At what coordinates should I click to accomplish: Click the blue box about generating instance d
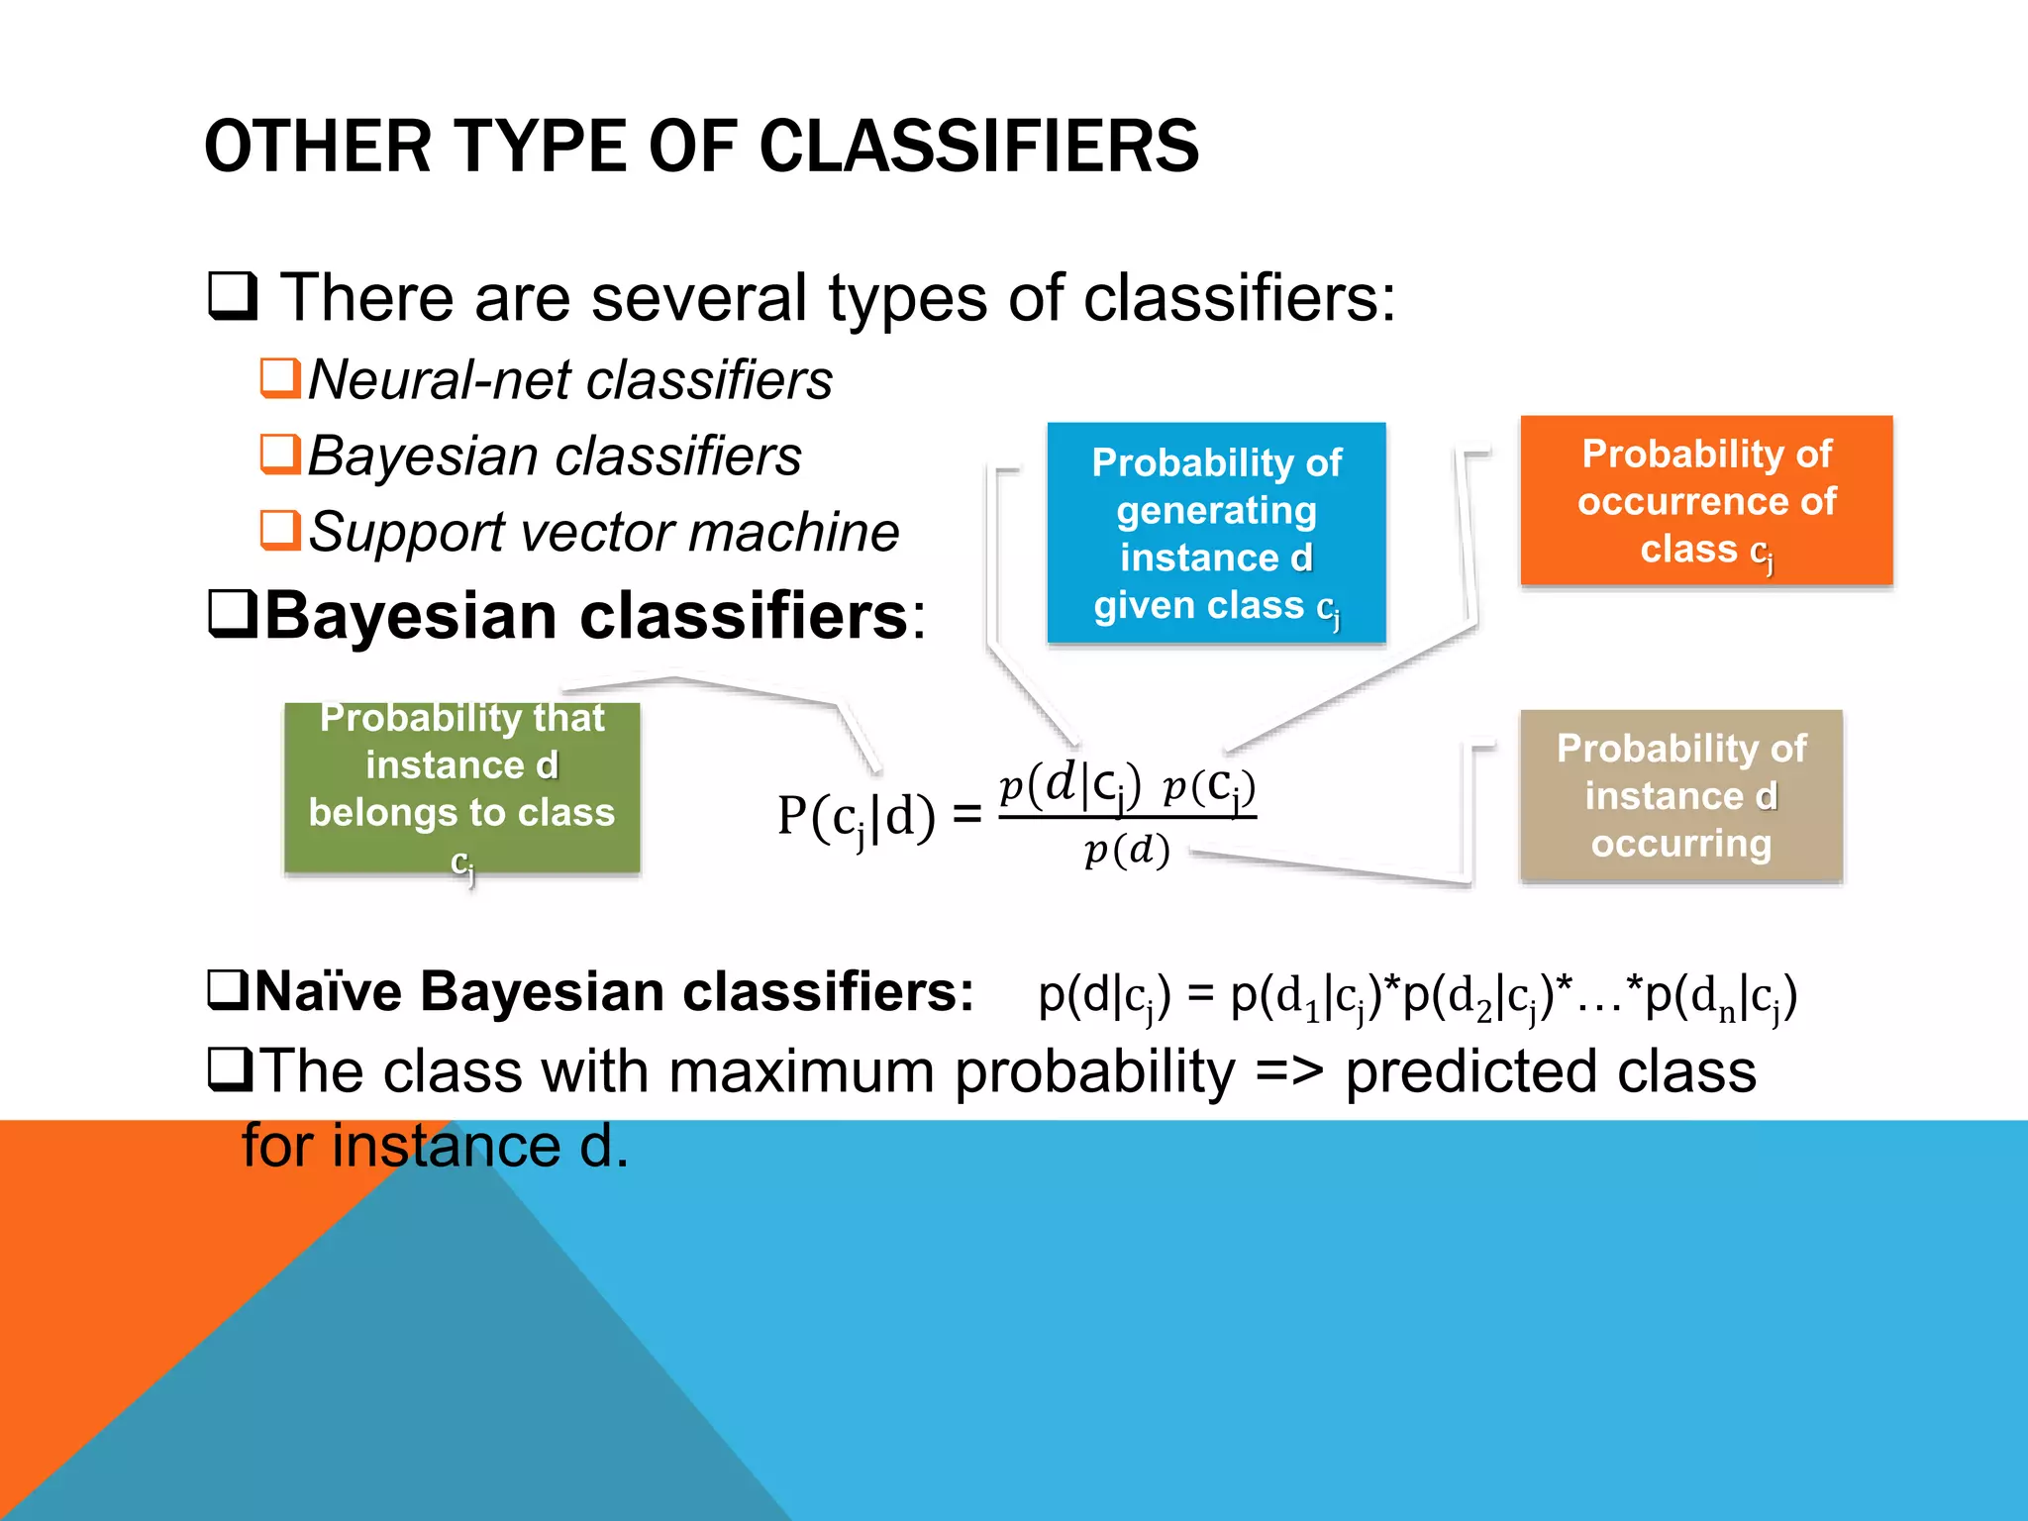(1216, 533)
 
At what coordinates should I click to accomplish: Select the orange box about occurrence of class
(1706, 501)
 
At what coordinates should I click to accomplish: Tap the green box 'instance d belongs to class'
(461, 787)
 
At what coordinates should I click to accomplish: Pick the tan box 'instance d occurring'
(1680, 795)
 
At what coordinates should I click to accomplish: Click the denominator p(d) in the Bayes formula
(1127, 851)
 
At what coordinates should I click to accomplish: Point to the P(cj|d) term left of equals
(856, 818)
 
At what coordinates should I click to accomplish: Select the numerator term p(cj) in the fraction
(1208, 787)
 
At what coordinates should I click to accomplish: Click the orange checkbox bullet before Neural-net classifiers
(280, 377)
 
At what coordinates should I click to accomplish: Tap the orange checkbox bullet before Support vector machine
(280, 530)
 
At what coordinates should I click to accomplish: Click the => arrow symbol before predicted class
(1288, 1071)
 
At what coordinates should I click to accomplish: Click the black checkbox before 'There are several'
(233, 295)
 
